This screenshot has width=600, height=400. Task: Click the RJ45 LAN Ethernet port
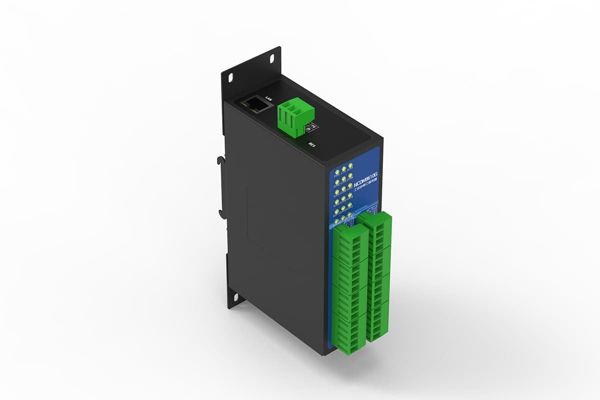[x=254, y=105]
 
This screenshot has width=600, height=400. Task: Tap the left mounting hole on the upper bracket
[x=231, y=78]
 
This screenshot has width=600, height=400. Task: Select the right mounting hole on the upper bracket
[x=272, y=58]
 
